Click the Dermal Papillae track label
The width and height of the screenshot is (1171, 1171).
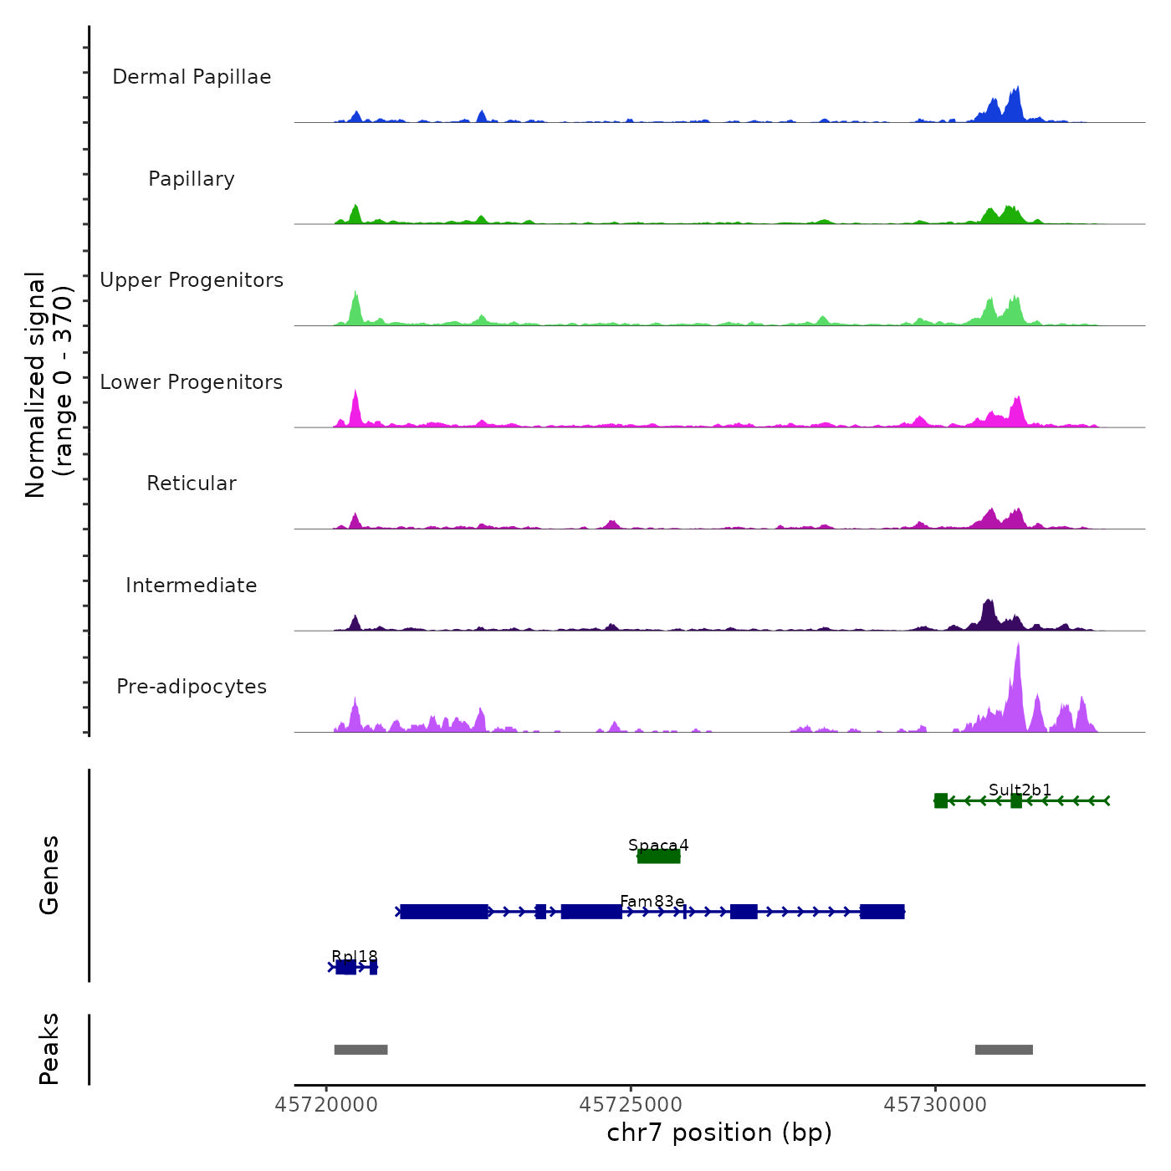coord(192,77)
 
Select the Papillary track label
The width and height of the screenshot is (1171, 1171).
coord(192,179)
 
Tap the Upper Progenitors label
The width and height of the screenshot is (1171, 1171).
coord(192,280)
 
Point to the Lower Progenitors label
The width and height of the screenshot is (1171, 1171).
coord(192,382)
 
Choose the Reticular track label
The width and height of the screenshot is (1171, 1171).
coord(192,483)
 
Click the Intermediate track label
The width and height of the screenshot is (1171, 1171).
coord(192,585)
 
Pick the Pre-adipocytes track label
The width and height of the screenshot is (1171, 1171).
coord(192,687)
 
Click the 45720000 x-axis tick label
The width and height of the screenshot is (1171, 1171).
coord(326,1105)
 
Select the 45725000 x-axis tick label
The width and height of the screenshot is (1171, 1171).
coord(631,1105)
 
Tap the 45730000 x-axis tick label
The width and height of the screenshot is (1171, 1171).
coord(935,1105)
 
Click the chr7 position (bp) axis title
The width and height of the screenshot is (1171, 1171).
coord(719,1133)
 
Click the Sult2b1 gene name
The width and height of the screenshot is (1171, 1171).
coord(1020,790)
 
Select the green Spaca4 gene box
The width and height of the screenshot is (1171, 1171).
coord(659,856)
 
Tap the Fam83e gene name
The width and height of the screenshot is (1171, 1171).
coord(652,901)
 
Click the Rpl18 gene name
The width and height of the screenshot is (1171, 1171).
coord(355,956)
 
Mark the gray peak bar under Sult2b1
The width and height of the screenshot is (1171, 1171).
coord(1004,1050)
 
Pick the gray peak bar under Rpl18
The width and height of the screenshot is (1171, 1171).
coord(361,1050)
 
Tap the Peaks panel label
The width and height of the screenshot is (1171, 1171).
coord(49,1049)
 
